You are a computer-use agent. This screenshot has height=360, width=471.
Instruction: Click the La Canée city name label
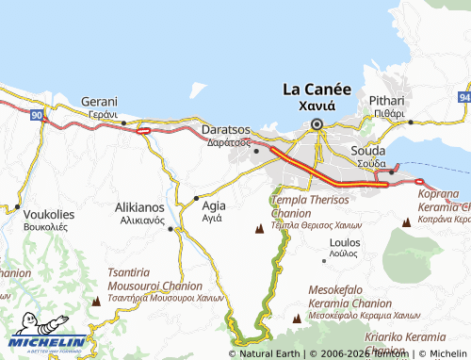pos(317,90)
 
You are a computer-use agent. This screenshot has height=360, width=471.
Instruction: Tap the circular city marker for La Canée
pos(317,123)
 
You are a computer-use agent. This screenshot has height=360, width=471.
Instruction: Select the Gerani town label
pos(99,102)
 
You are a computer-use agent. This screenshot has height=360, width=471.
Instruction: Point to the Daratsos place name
pos(227,130)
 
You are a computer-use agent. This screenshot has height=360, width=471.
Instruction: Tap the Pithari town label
pos(386,100)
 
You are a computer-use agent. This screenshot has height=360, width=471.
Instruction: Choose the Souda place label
pos(368,151)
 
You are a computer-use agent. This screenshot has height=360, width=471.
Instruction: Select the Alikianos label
pos(139,206)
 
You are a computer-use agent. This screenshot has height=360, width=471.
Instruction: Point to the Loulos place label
pos(343,242)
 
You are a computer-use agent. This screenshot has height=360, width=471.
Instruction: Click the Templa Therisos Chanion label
pos(310,206)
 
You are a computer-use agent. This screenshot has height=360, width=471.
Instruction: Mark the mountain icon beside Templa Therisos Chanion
pos(260,228)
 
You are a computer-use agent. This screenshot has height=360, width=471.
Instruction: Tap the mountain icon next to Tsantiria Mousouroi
pos(96,301)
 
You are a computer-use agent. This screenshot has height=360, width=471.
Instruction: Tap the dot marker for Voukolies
pos(17,206)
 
